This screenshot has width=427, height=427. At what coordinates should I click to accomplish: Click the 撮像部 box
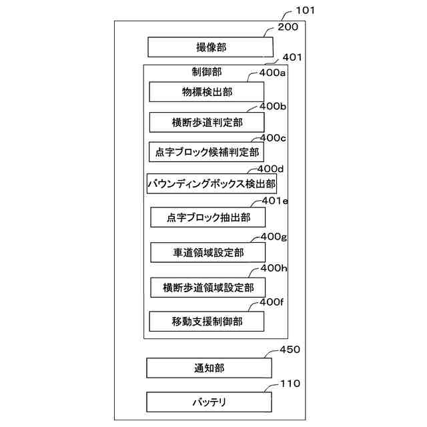(x=210, y=47)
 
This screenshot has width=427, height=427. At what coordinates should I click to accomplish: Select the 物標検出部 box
(x=207, y=91)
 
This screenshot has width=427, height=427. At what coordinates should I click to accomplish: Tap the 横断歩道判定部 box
(x=207, y=123)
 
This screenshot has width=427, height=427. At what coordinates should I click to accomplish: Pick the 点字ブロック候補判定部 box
(x=207, y=152)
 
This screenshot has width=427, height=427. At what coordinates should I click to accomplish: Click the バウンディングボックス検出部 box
(x=211, y=183)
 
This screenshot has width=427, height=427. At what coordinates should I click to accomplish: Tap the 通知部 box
(x=209, y=368)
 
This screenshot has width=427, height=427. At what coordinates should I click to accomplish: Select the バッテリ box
(x=209, y=402)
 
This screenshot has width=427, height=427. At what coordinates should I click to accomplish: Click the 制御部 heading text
(x=206, y=71)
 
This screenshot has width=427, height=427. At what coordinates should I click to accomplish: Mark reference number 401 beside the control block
(x=292, y=57)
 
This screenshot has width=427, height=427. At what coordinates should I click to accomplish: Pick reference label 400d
(x=271, y=169)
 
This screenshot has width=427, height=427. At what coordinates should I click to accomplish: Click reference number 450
(x=290, y=350)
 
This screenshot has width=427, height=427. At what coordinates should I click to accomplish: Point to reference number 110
(x=290, y=384)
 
